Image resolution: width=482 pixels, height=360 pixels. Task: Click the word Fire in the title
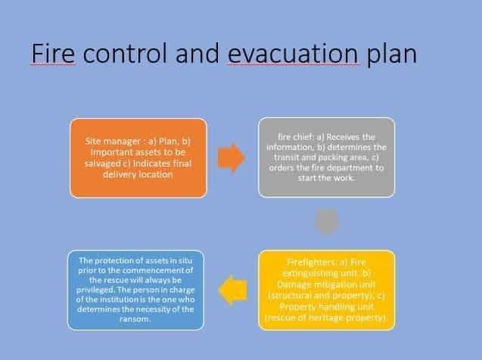coord(53,53)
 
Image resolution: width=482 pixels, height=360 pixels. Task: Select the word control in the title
coord(125,53)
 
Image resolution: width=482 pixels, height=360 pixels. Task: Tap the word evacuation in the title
coord(293,54)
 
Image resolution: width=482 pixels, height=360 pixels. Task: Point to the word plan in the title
coord(392,55)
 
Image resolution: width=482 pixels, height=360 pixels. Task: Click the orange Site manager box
coord(138,158)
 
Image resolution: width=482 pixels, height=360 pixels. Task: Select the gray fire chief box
coord(326,157)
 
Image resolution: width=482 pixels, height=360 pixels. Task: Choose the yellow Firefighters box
coord(326,290)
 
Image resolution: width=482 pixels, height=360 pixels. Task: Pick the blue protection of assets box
coord(135,290)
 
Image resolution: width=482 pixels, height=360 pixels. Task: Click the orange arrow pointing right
coord(232,157)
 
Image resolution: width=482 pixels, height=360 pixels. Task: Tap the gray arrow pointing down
coord(326,222)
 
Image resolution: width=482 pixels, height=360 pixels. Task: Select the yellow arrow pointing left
coord(233,290)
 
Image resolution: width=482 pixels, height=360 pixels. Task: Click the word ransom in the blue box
coord(135,319)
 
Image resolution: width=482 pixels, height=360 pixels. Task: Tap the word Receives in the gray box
coord(343,137)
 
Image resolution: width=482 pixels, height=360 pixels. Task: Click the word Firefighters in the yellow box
coord(312,262)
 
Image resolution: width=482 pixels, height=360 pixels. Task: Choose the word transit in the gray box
coord(285,157)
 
